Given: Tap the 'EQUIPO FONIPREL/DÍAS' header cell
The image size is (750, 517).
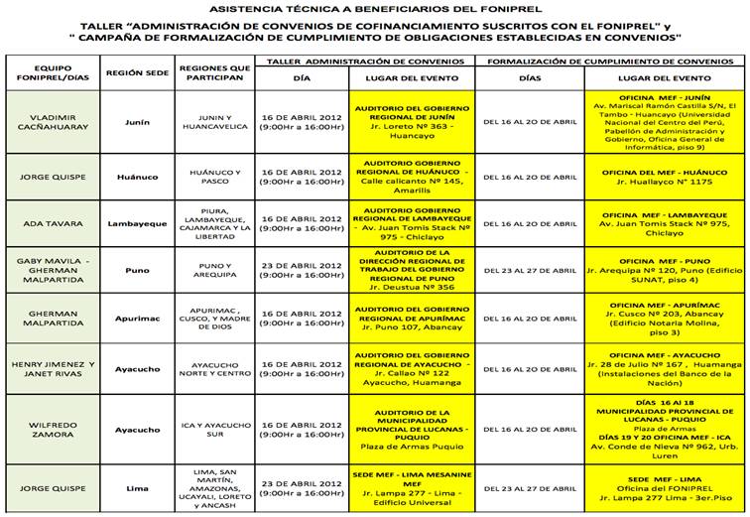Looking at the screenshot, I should click(x=52, y=72).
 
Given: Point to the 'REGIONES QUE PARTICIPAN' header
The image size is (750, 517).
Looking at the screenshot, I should click(x=213, y=72).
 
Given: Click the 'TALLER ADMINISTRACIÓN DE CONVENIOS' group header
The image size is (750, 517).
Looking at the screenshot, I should click(x=364, y=61).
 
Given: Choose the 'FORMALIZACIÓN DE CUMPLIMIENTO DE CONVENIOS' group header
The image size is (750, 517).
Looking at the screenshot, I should click(x=609, y=61).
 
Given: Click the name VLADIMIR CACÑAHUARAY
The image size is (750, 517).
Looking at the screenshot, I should click(x=52, y=121).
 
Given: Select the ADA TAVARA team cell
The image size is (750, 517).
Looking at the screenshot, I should click(x=52, y=223).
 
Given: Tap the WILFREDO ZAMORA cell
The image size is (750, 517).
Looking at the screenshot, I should click(x=52, y=429).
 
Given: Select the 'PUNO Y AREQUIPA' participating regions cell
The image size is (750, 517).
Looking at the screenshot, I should click(x=213, y=270).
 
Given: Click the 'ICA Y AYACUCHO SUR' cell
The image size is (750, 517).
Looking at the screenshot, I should click(x=213, y=429).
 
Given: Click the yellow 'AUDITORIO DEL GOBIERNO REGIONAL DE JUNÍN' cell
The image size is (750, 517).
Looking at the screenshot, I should click(x=412, y=121).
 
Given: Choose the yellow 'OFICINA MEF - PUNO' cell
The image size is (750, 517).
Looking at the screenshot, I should click(x=665, y=270).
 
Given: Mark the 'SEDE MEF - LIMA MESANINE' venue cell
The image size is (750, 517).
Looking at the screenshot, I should click(x=412, y=489).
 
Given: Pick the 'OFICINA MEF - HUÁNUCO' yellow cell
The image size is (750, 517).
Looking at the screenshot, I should click(x=665, y=176).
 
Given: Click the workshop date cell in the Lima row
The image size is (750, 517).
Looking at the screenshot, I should click(x=302, y=489).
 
